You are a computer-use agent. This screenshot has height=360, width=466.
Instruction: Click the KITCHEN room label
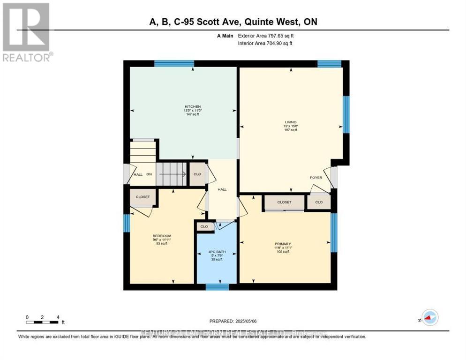tap(192, 107)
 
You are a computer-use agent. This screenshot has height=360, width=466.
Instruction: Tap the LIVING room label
tap(291, 123)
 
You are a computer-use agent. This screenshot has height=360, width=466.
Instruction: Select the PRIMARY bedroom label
tap(283, 244)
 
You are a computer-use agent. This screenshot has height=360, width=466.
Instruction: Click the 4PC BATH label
tap(217, 252)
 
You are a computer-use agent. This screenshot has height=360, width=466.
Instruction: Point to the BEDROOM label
tap(162, 236)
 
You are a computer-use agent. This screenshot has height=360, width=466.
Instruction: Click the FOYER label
tap(316, 178)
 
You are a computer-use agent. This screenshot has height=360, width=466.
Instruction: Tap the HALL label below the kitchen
tap(222, 189)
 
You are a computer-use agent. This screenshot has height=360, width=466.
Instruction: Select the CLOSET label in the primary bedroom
tap(284, 202)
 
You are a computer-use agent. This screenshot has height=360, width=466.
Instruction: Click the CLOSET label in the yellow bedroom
tap(143, 197)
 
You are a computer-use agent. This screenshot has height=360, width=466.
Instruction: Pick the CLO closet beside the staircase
tap(197, 174)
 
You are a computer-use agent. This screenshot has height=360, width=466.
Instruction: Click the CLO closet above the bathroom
tap(204, 226)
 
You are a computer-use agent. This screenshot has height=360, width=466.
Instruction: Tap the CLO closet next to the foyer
tap(319, 202)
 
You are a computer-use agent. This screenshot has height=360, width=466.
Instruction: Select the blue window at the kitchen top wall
tap(174, 63)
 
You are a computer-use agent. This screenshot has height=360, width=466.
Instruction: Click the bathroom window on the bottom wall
tap(217, 286)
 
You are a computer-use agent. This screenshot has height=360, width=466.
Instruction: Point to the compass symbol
tap(429, 317)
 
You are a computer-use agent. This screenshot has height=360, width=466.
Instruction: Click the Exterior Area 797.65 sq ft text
tap(266, 36)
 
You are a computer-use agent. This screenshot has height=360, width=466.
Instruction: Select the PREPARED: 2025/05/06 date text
tap(233, 321)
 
